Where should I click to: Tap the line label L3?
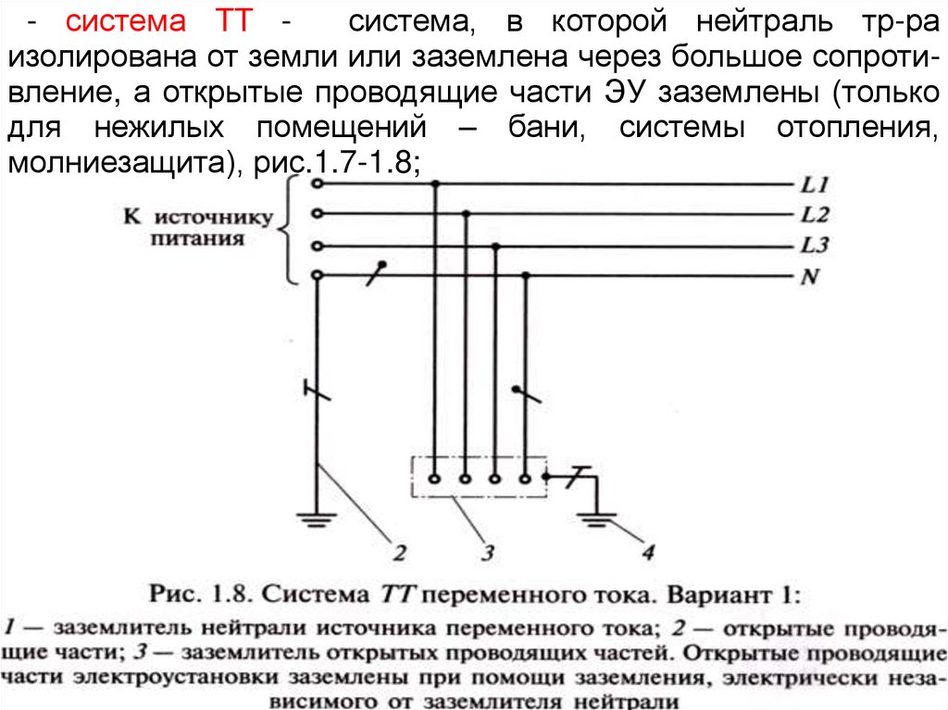[814, 246]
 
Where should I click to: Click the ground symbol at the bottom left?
[317, 519]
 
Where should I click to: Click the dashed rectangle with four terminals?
[477, 478]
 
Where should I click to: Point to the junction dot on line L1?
[435, 183]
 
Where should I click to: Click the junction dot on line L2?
[466, 214]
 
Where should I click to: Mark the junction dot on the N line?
[526, 276]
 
